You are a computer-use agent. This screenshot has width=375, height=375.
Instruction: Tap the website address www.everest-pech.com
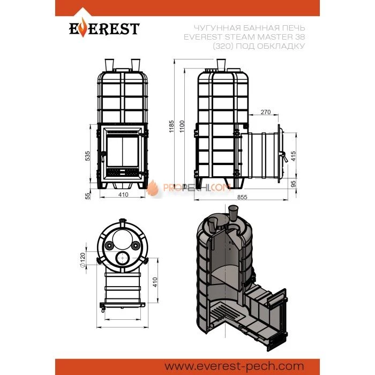pos(234,366)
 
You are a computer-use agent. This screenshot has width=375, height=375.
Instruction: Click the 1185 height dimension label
pos(171,126)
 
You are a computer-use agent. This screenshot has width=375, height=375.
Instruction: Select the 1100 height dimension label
pos(182,126)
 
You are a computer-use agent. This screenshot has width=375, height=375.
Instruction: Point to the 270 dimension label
pos(266,111)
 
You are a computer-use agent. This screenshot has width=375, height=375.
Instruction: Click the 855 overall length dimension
pos(242,197)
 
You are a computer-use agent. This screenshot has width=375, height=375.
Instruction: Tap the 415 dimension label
pos(293,156)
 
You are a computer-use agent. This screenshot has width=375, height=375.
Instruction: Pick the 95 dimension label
pos(293,184)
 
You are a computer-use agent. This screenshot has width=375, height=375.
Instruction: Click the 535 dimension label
pos(87,156)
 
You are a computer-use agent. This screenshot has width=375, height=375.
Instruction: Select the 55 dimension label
pos(88,196)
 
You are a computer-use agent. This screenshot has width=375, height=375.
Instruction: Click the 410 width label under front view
pos(123,194)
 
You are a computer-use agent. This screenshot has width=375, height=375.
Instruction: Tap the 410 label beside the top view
pos(155,282)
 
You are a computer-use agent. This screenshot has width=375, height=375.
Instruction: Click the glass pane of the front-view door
pos(123,152)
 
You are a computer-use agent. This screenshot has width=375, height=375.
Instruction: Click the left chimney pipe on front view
pos(109,65)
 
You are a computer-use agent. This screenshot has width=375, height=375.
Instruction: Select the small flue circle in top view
pos(123,258)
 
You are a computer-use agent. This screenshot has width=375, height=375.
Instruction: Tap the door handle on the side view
pos(284,156)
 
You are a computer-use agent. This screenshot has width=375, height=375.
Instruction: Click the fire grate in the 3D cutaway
pos(219,312)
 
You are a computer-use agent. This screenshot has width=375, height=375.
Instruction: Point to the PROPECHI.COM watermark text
pos(197,187)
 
